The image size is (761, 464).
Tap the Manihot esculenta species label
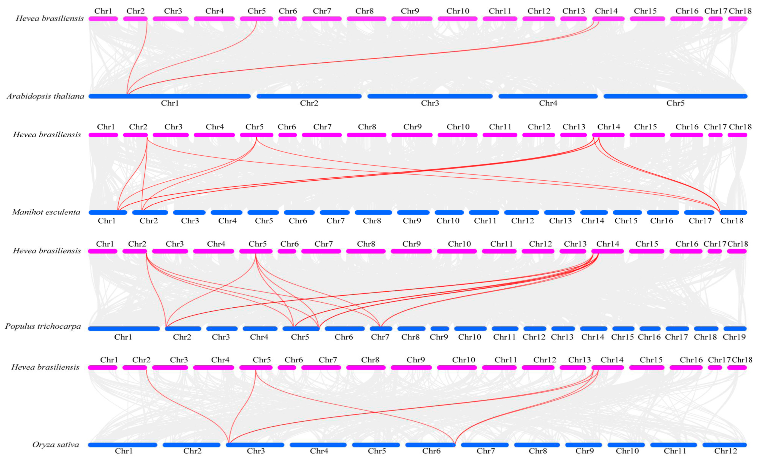(46, 212)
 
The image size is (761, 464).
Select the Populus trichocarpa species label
(43, 326)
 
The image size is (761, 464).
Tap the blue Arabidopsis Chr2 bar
(309, 96)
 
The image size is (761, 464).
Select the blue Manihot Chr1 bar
(108, 212)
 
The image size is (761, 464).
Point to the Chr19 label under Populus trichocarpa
(734, 337)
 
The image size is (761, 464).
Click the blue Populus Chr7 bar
(381, 329)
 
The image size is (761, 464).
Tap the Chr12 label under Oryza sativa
(726, 451)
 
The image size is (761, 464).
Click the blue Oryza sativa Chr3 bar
(255, 445)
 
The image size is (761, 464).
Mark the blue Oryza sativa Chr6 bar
(430, 445)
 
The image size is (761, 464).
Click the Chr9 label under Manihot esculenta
(412, 221)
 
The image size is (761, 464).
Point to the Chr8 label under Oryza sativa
(538, 451)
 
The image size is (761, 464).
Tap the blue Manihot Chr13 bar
(559, 212)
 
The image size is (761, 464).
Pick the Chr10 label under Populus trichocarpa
(469, 337)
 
